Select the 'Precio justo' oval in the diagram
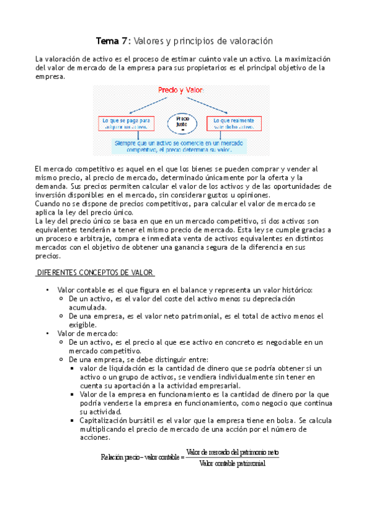point(182,122)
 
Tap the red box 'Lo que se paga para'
point(126,122)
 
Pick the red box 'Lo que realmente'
point(235,122)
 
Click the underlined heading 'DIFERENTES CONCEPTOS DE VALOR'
point(95,273)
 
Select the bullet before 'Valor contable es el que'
point(47,290)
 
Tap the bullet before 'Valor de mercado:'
point(47,333)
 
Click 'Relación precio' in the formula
point(121,457)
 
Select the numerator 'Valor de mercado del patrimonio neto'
point(232,452)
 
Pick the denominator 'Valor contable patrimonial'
point(232,464)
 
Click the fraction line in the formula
point(232,458)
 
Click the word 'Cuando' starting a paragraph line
point(48,203)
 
